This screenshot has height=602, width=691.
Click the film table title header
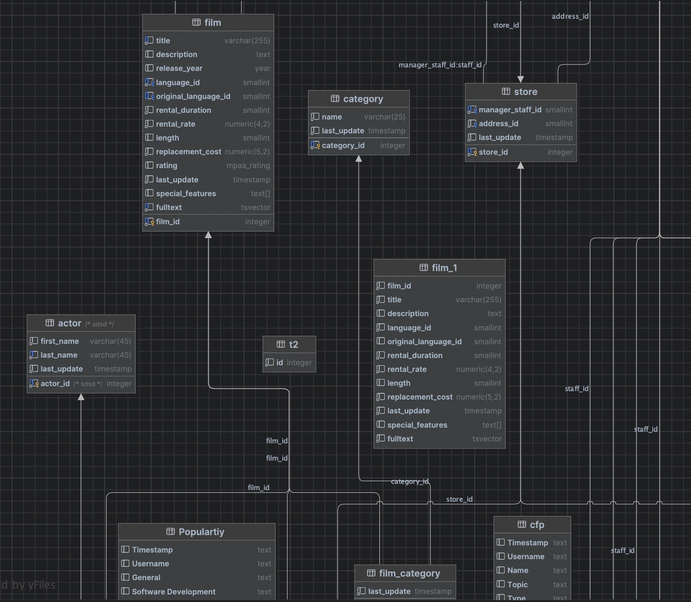pos(208,23)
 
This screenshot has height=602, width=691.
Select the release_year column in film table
pos(179,68)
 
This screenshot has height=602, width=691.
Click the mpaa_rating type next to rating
pos(248,165)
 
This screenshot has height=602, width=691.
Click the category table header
pos(358,99)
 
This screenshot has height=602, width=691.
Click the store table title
pos(521,92)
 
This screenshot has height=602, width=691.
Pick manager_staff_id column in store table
pos(510,110)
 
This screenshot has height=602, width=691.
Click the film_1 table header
pos(439,268)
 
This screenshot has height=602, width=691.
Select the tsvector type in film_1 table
pos(487,439)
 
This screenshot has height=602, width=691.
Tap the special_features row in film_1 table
pos(417,425)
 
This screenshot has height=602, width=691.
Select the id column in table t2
pos(280,363)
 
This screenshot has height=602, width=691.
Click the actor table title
pos(70,323)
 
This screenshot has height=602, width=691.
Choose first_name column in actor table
pos(60,341)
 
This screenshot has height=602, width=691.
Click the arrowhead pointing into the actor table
pos(81,397)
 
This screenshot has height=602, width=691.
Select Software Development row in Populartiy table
pos(173,592)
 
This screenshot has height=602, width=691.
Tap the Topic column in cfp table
pos(517,585)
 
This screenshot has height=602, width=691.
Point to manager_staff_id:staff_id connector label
pos(440,65)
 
